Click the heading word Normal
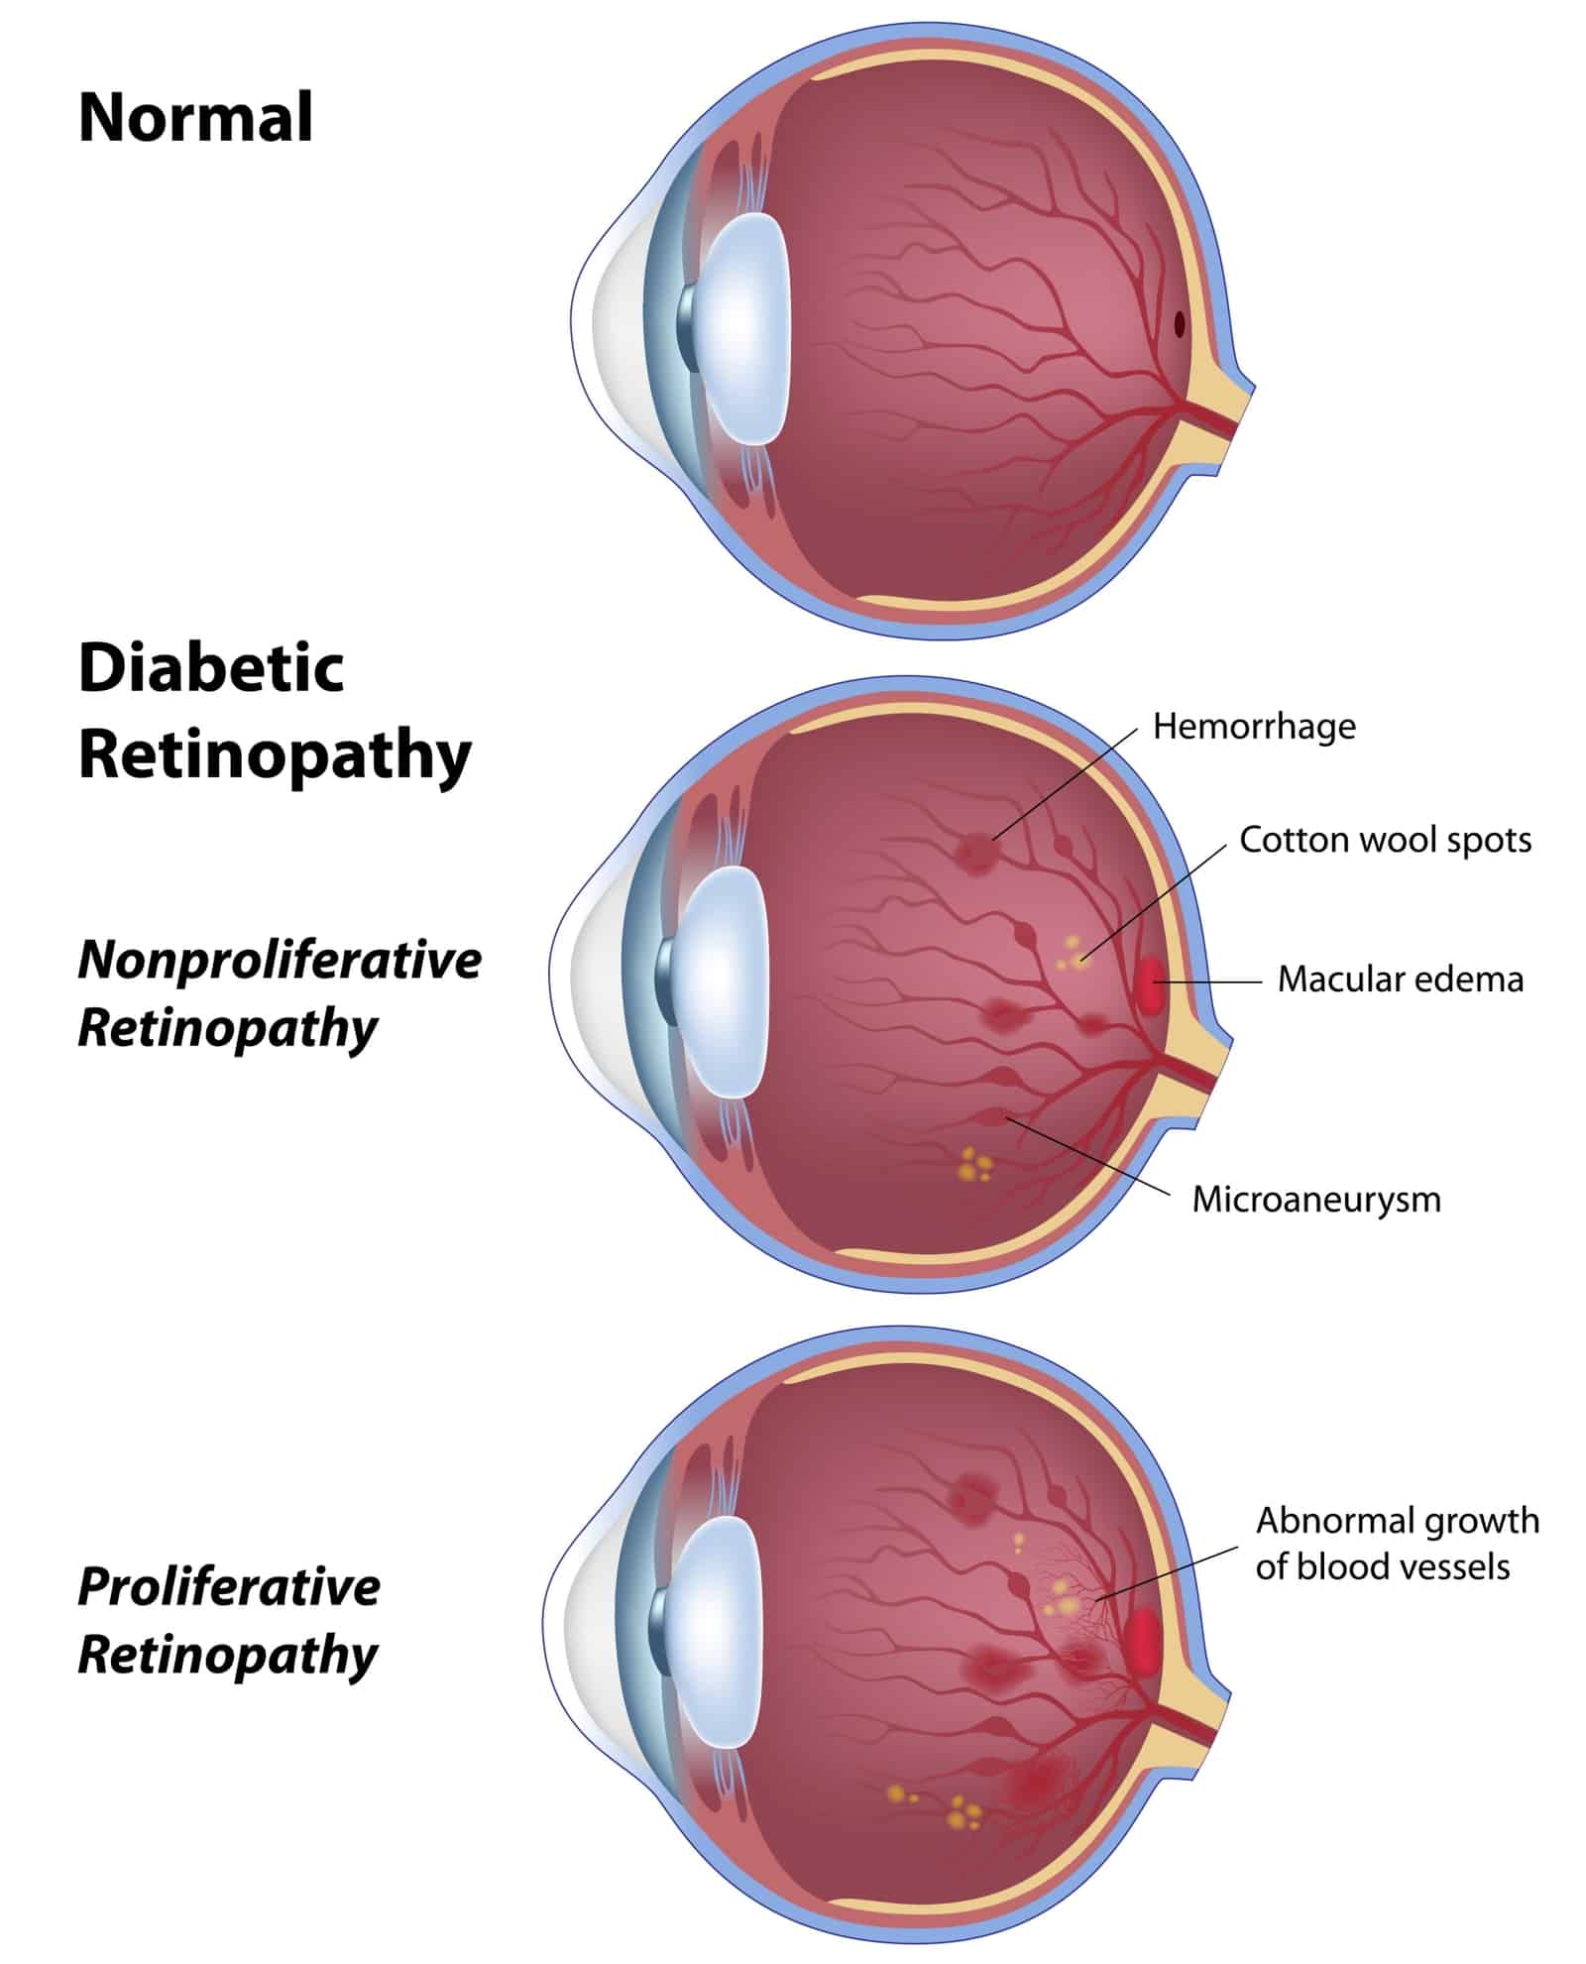[x=195, y=117]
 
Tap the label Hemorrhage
[x=1253, y=726]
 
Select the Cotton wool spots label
[x=1385, y=840]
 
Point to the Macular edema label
[x=1400, y=980]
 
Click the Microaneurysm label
[x=1315, y=1199]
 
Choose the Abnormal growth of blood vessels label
[x=1397, y=1543]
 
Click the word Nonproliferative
[x=280, y=960]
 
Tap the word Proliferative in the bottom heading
[x=229, y=1586]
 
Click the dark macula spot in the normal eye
[x=1180, y=323]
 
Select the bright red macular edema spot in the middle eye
[x=1150, y=984]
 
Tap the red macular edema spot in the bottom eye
[x=1143, y=1642]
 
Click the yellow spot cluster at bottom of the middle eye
[x=974, y=1164]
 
